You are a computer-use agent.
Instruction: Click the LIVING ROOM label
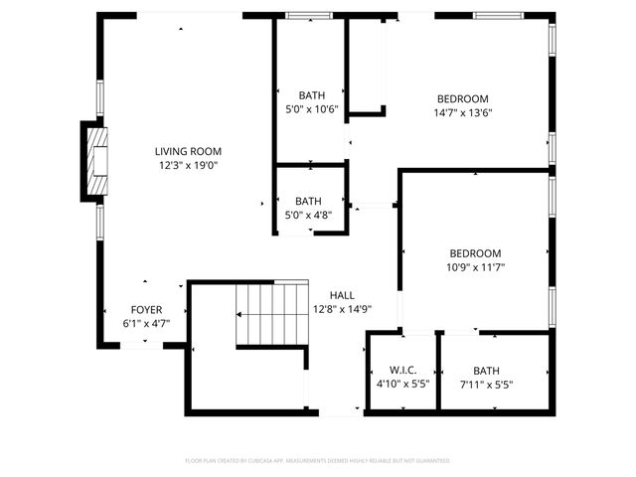(x=188, y=151)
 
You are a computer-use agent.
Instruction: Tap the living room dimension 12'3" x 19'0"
(x=188, y=167)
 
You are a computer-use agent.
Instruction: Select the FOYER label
(x=146, y=310)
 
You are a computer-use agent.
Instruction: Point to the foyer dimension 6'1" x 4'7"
(x=146, y=324)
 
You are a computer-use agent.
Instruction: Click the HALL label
(x=342, y=295)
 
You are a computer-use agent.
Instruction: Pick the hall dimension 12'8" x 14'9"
(x=342, y=309)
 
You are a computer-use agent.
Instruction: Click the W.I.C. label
(x=390, y=371)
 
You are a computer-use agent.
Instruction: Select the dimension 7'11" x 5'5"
(x=487, y=385)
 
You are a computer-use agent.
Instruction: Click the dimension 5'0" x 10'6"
(x=311, y=110)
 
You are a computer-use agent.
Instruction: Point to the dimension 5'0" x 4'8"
(x=308, y=215)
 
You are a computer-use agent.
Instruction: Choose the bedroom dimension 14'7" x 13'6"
(x=464, y=112)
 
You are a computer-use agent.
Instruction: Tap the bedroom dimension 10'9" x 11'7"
(x=475, y=267)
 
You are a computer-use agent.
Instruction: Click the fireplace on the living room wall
(x=96, y=161)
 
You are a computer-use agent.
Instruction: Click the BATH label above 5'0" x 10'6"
(x=311, y=95)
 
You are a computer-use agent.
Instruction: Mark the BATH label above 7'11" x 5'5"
(x=487, y=371)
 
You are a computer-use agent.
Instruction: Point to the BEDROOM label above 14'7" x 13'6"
(x=464, y=97)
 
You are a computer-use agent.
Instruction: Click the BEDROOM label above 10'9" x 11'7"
(x=475, y=253)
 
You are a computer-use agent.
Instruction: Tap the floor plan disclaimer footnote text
(x=318, y=461)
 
